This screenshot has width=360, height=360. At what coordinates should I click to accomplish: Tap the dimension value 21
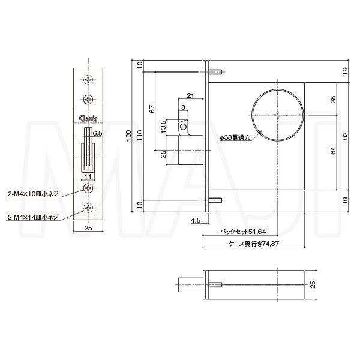coord(190,95)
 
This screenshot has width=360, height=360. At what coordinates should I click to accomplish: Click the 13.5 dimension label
coord(163,128)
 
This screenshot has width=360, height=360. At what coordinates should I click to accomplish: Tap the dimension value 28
coord(333,100)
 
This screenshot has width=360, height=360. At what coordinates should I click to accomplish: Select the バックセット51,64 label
coord(244,232)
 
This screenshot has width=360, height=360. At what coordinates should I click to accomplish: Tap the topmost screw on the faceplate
coord(89,79)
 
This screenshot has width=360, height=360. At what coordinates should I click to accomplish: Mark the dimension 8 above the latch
coord(183,107)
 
